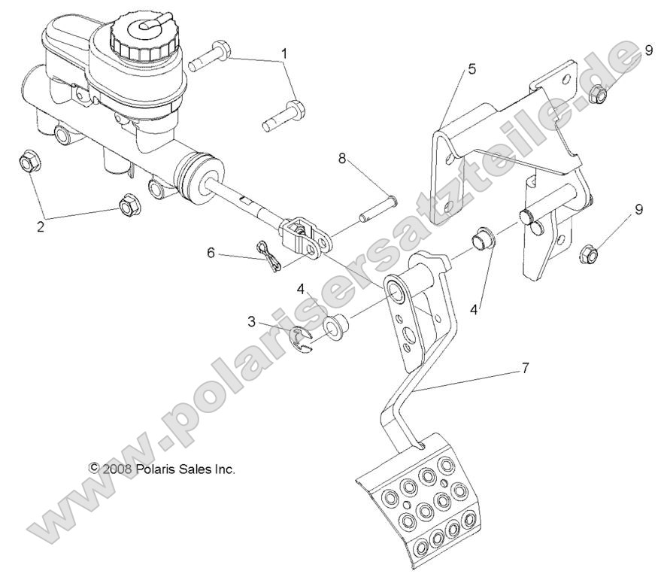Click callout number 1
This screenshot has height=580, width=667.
click(284, 53)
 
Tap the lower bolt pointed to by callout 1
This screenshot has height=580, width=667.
click(283, 117)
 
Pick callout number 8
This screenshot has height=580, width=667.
click(342, 159)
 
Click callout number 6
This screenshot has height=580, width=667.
click(212, 254)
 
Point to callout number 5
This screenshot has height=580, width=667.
click(471, 69)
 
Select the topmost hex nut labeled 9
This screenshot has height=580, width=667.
click(599, 93)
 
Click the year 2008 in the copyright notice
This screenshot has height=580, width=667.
click(118, 468)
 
